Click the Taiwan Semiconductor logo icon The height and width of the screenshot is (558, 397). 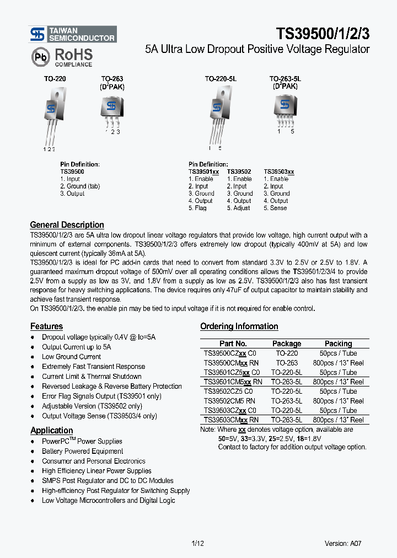[x=38, y=35]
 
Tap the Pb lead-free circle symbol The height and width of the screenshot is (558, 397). [x=40, y=57]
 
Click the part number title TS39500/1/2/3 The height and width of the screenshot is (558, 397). [x=323, y=34]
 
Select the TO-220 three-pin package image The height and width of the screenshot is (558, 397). [x=51, y=115]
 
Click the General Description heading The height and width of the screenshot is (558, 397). [x=67, y=225]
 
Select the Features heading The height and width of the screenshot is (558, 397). [x=46, y=326]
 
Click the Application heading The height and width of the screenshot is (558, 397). [x=51, y=430]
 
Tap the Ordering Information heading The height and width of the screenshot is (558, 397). [x=239, y=326]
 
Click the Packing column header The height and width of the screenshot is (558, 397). [x=338, y=344]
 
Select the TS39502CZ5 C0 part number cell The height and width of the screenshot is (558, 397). [x=229, y=391]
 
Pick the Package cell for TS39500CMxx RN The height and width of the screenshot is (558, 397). [x=287, y=363]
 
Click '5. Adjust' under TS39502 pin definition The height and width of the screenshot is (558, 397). [x=238, y=208]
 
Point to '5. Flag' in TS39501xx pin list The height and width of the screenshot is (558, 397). [x=197, y=208]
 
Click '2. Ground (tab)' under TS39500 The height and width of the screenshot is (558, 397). [x=80, y=186]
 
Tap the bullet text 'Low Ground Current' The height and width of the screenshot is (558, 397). [x=71, y=357]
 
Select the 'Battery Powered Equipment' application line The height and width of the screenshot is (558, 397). [x=82, y=451]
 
